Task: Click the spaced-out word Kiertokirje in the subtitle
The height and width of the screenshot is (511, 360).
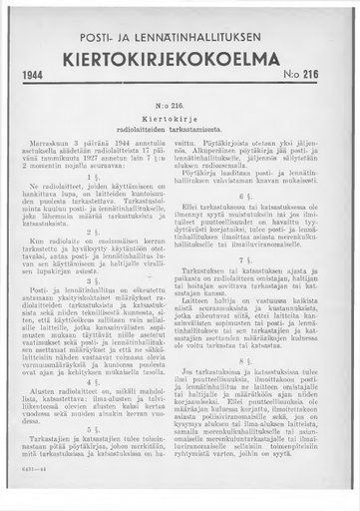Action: point(180,117)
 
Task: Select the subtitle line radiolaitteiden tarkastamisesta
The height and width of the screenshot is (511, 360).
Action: point(180,129)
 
